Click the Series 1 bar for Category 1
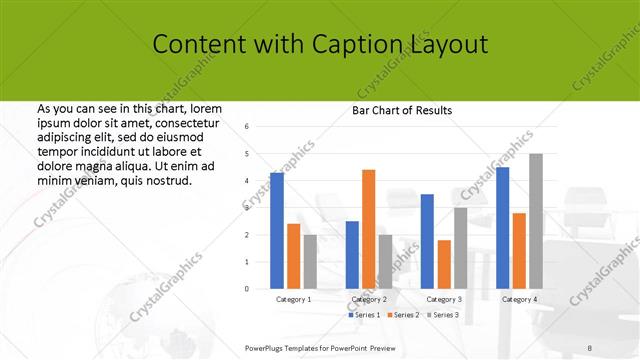point(276,230)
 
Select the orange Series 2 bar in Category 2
point(368,229)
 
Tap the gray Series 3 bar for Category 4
point(536,221)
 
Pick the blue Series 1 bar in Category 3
point(427,241)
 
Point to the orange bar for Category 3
point(444,264)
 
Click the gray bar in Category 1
point(310,261)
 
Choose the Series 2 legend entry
point(403,315)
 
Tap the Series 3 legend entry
point(441,315)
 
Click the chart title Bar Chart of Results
point(402,110)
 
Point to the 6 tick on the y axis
point(247,127)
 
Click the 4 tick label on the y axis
point(247,181)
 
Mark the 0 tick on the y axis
point(247,289)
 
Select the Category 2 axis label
point(369,299)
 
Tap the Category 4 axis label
point(519,299)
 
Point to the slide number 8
point(590,347)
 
